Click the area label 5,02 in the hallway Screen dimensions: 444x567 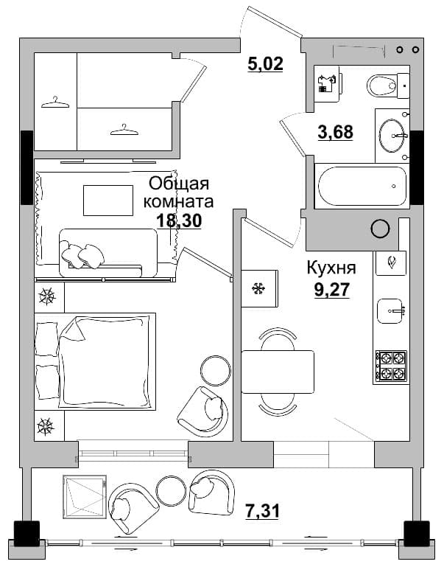coord(265,64)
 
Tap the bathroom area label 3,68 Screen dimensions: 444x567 coord(335,132)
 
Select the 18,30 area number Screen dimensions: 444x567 coord(179,220)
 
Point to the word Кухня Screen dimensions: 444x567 coord(331,268)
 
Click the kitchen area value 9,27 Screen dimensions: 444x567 coord(332,289)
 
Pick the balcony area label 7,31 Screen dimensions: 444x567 coord(261,511)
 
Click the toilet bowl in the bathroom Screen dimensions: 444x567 coord(388,86)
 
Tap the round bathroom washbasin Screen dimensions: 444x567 coord(392,136)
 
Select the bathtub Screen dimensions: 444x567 coord(362,187)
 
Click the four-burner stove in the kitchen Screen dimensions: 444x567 coord(391,367)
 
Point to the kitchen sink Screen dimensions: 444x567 coord(390,311)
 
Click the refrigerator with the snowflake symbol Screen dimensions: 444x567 coord(259,288)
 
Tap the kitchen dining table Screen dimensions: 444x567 coord(278,372)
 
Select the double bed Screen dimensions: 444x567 coord(95,361)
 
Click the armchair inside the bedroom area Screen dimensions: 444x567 coord(203,411)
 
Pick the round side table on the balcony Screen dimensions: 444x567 coord(171,489)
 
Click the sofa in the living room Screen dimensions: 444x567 coord(108,253)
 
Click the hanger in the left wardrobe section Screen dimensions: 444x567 coord(55,102)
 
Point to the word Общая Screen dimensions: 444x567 coord(179,184)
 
